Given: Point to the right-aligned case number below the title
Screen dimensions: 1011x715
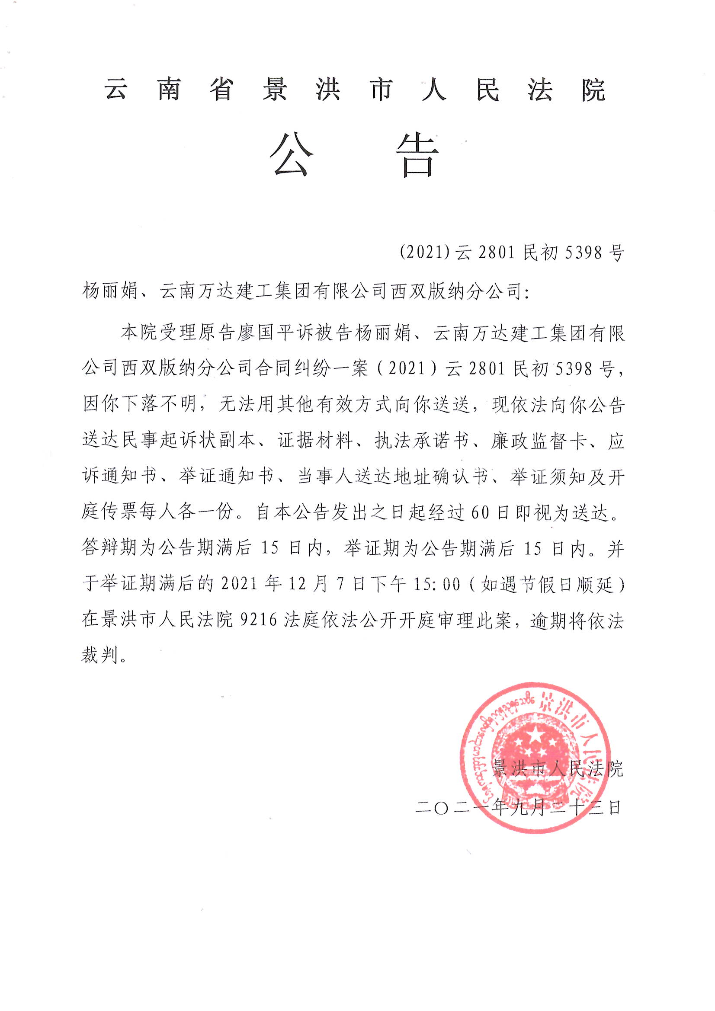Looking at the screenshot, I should [512, 252].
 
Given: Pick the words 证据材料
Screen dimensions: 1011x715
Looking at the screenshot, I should [315, 440].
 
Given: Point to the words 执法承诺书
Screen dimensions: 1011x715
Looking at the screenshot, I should [422, 440].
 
